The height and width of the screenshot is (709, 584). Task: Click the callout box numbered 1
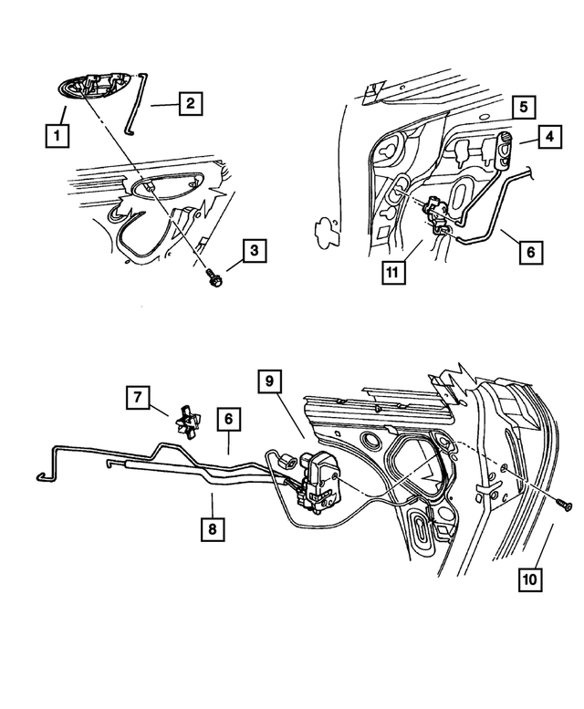click(x=57, y=138)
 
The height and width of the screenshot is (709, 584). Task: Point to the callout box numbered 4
click(x=550, y=139)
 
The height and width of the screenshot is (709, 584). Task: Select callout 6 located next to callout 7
click(x=229, y=420)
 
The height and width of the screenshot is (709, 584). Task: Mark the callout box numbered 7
click(x=139, y=397)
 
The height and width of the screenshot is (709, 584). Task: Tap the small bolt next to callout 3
click(x=214, y=277)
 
